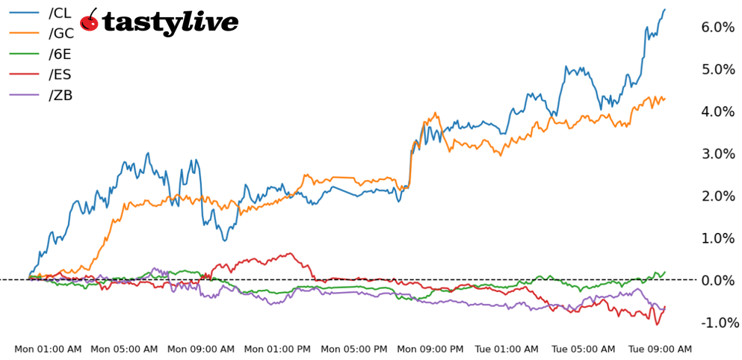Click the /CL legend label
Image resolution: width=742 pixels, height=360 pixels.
pyautogui.click(x=60, y=13)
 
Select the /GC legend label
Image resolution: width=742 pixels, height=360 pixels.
pyautogui.click(x=61, y=34)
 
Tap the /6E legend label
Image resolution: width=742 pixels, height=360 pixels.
pyautogui.click(x=60, y=54)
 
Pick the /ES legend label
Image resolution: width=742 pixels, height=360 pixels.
pyautogui.click(x=60, y=75)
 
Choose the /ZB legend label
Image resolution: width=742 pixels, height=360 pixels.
pyautogui.click(x=61, y=95)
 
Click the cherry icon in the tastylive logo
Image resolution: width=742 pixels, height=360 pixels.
pyautogui.click(x=90, y=21)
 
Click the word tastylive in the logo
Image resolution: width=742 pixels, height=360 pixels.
pyautogui.click(x=170, y=22)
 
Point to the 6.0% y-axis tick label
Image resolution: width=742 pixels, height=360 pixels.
pyautogui.click(x=718, y=28)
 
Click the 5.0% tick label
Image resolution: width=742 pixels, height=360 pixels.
pyautogui.click(x=718, y=69)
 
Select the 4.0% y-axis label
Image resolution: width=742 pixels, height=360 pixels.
pyautogui.click(x=718, y=112)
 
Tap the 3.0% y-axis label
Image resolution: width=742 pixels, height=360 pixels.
pyautogui.click(x=718, y=154)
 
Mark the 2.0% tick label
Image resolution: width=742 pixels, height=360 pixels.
pyautogui.click(x=718, y=196)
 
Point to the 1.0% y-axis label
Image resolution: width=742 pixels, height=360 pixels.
pyautogui.click(x=718, y=238)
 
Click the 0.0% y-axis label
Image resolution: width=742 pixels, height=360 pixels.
pyautogui.click(x=718, y=281)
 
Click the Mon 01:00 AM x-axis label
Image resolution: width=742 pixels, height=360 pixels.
pyautogui.click(x=48, y=349)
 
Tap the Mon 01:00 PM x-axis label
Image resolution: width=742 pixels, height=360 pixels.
pyautogui.click(x=278, y=349)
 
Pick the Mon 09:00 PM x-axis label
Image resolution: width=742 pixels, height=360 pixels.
pyautogui.click(x=431, y=349)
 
